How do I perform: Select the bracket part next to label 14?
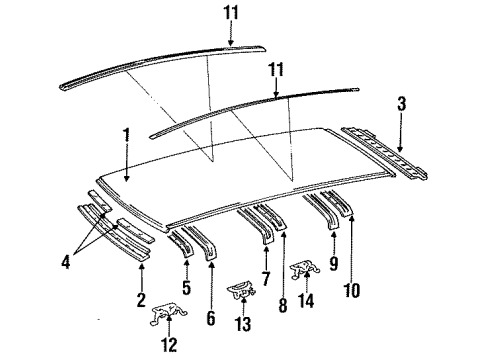pos(301,271)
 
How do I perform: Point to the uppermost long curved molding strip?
pos(160,61)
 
